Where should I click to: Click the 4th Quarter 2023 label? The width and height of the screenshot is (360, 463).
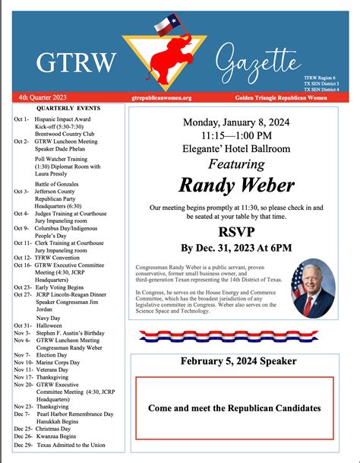tap(43, 98)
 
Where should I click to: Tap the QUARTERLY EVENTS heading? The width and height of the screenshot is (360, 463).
tap(57, 109)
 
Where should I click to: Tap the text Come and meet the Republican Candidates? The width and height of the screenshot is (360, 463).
tap(234, 408)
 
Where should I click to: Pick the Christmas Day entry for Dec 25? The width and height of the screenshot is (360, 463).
tap(49, 429)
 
